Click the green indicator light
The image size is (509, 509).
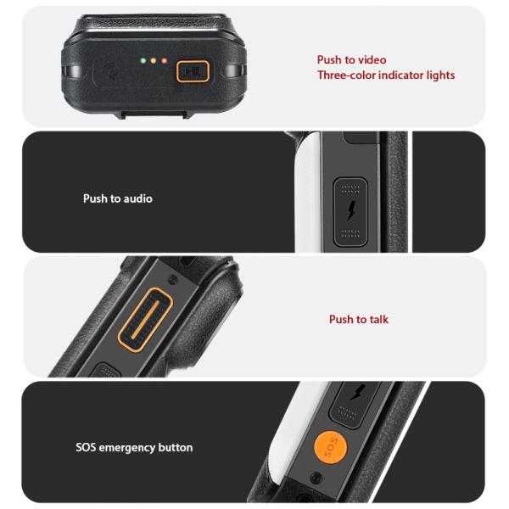click(143, 60)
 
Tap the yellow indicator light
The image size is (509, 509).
click(154, 61)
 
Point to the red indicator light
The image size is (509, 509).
click(165, 61)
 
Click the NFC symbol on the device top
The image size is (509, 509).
click(111, 71)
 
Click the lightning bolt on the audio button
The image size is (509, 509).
click(351, 210)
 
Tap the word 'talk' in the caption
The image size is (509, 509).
click(379, 320)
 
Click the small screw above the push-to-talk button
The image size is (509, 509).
click(173, 279)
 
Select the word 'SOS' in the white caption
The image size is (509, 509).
click(86, 447)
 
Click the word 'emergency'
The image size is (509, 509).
click(127, 448)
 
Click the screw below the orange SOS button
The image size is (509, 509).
click(316, 478)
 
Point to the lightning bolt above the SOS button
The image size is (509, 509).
click(358, 392)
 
